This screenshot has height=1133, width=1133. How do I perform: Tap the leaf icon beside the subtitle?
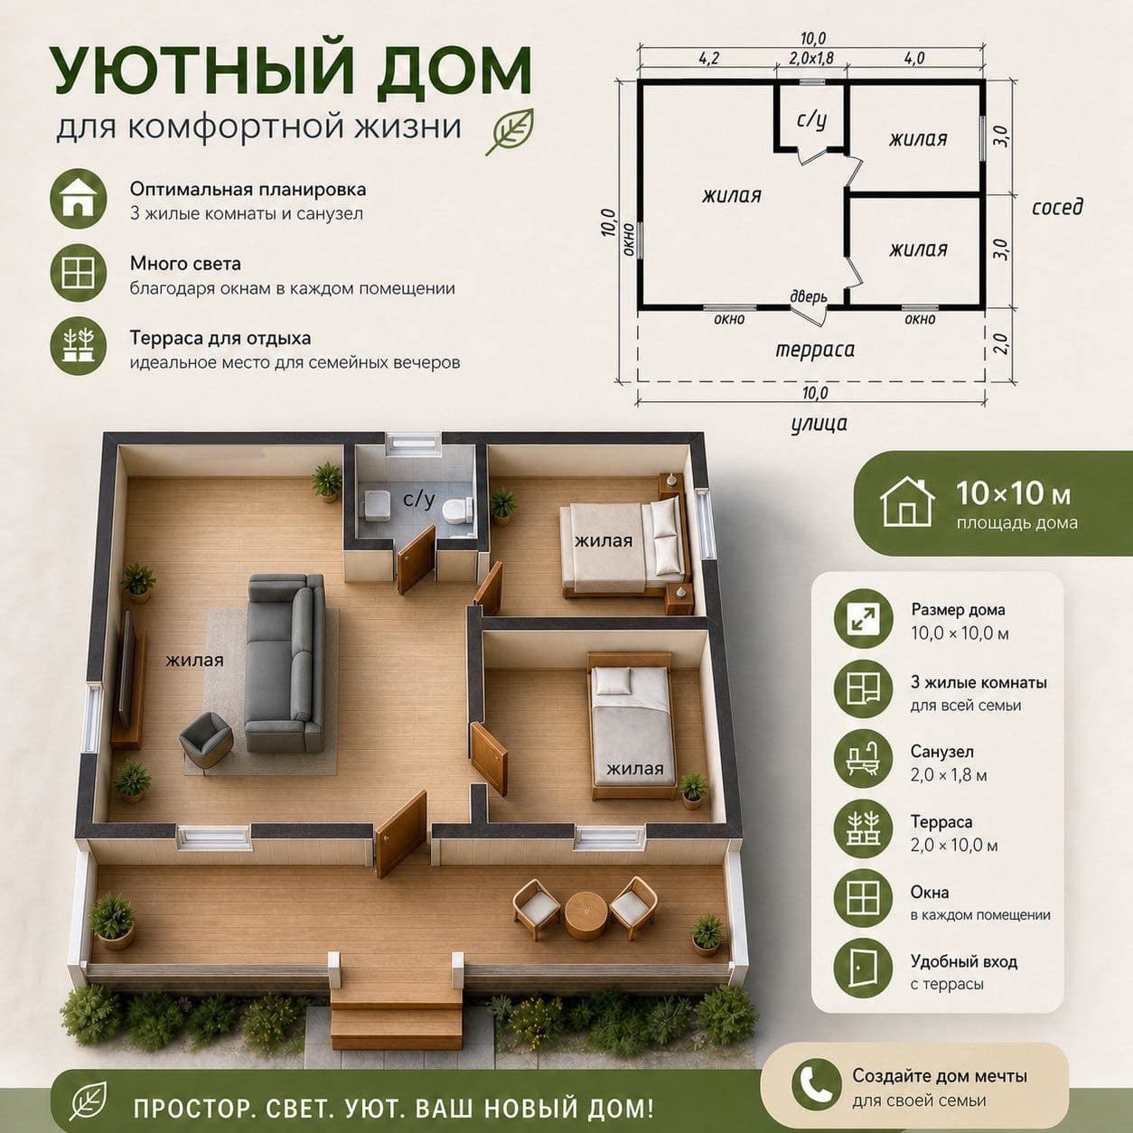(x=510, y=132)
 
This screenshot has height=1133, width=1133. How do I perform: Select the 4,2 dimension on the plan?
(x=708, y=58)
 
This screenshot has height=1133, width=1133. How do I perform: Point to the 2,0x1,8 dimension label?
(x=811, y=58)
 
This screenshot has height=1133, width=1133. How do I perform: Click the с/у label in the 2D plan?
(x=811, y=120)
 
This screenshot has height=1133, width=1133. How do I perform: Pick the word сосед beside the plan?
(x=1057, y=207)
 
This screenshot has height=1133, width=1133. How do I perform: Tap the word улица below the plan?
(x=819, y=424)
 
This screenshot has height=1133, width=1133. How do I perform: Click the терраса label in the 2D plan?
(x=814, y=350)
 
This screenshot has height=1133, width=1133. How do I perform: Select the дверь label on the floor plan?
(x=809, y=297)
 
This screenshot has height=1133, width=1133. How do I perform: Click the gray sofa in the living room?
(x=286, y=663)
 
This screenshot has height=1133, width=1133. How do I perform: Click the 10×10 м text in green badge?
(x=1013, y=494)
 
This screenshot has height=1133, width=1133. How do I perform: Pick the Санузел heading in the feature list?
(x=942, y=752)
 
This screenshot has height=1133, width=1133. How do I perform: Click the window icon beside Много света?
(x=79, y=273)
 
